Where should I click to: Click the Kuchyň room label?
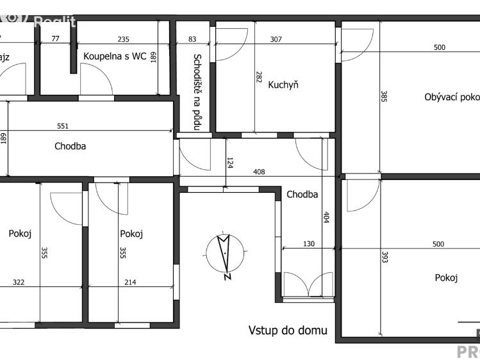[x=283, y=85]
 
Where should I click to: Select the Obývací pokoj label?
[x=452, y=97]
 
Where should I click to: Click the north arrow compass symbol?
[x=225, y=254]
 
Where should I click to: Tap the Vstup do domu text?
[x=288, y=331]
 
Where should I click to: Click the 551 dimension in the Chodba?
[x=62, y=126]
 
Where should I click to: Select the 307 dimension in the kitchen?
[x=276, y=40]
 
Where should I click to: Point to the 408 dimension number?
[x=258, y=172]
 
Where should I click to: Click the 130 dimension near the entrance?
[x=309, y=243]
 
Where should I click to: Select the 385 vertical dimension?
[x=384, y=97]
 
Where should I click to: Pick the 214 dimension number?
[x=130, y=282]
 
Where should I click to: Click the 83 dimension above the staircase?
[x=193, y=40]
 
